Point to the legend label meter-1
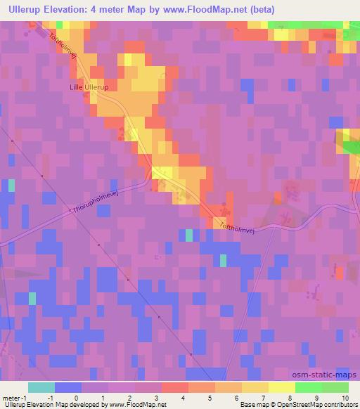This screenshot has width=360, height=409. [x=13, y=398]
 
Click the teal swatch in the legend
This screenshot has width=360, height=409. [x=41, y=387]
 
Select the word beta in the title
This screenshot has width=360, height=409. [x=262, y=10]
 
